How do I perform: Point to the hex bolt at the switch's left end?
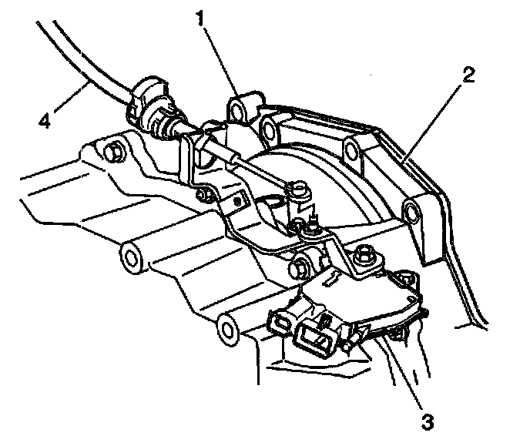click(x=301, y=270)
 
